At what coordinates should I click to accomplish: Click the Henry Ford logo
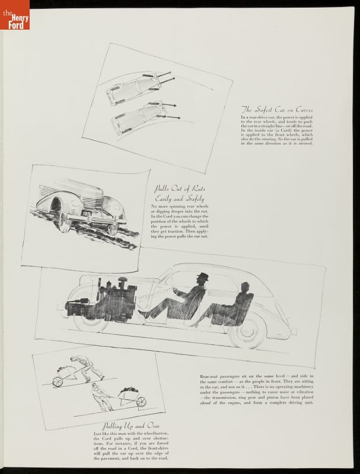pyautogui.click(x=14, y=15)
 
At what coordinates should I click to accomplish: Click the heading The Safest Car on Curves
pyautogui.click(x=276, y=110)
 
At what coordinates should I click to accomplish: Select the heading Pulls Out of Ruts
pyautogui.click(x=171, y=189)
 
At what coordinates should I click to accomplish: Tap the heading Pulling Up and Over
pyautogui.click(x=123, y=425)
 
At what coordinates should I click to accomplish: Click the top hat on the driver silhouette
pyautogui.click(x=203, y=277)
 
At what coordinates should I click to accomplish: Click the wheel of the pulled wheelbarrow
pyautogui.click(x=142, y=401)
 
